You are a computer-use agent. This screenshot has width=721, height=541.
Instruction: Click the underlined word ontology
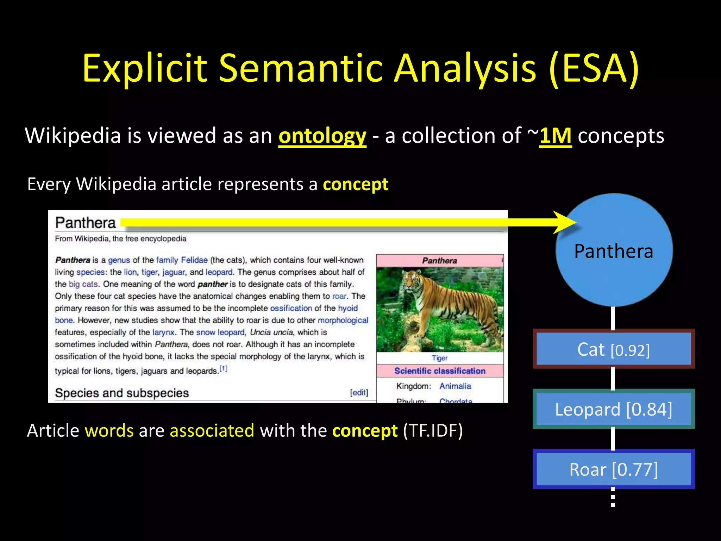[x=322, y=136]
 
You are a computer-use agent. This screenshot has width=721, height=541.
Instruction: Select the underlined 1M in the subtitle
[x=555, y=136]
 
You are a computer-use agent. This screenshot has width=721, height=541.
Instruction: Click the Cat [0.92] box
[x=613, y=349]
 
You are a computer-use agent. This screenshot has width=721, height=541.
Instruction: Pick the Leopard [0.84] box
[x=613, y=409]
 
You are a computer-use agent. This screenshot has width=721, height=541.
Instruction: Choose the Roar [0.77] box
[x=613, y=469]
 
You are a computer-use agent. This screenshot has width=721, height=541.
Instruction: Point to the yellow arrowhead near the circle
[x=565, y=222]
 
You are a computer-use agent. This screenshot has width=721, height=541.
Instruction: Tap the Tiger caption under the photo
[x=439, y=358]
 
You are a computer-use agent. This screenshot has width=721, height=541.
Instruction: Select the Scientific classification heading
[x=440, y=371]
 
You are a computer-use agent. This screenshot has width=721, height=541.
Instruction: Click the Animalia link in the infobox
[x=455, y=386]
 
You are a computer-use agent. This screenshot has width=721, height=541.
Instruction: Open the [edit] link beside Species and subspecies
[x=359, y=392]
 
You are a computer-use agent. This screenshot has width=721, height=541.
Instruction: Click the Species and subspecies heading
[x=122, y=393]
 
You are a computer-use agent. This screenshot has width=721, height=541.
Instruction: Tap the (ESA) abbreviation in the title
[x=594, y=68]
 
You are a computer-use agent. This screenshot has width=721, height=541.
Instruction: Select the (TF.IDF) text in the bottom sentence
[x=433, y=430]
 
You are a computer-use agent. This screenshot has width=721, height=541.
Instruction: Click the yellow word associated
[x=212, y=430]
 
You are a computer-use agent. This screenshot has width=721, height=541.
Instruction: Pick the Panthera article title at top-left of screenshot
[x=86, y=223]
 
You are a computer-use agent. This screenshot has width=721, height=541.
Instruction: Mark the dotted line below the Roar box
[x=613, y=497]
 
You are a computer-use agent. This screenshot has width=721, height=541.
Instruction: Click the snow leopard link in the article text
[x=220, y=332]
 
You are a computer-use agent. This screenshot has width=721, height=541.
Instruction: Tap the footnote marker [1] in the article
[x=224, y=369]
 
